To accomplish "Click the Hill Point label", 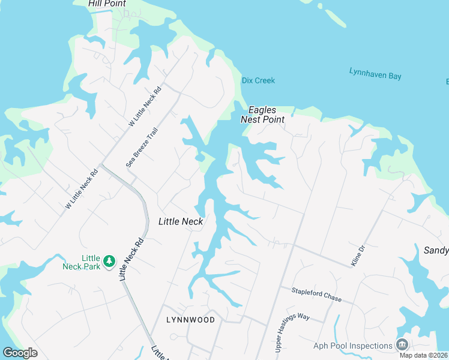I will point(107,4).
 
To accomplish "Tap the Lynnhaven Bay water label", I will point(375,74).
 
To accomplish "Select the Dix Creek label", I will point(258,80).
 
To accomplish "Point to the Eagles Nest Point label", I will point(262,115).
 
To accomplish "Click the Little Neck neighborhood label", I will point(181,221).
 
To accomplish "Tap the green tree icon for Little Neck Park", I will point(109,261).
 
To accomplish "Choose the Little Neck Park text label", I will point(82,262).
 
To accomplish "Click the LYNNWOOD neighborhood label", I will point(190,320).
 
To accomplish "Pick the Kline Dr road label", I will point(358,256).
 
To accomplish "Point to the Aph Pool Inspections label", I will point(352,346).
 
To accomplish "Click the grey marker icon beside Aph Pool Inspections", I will point(402,344).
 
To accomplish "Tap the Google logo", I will point(20,353).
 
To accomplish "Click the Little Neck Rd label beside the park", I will point(132,259).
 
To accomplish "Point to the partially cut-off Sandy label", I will point(436,251).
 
